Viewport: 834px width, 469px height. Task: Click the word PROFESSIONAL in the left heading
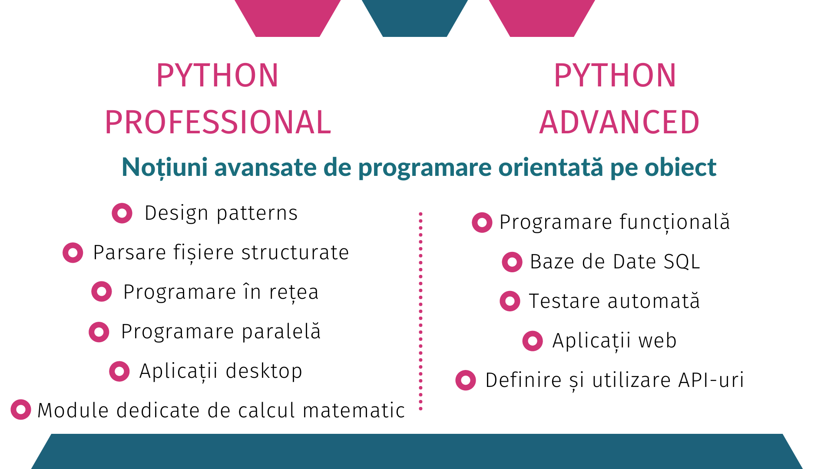point(218,122)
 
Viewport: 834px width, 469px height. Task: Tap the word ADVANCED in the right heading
point(619,122)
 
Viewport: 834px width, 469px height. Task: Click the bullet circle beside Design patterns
point(122,213)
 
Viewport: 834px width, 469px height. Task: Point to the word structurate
point(295,253)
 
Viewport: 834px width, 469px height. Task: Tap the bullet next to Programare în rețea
point(102,291)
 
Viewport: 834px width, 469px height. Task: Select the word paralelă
point(281,331)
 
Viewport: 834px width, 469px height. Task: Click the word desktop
point(264,371)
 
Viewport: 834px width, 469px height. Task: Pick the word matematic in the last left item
point(354,410)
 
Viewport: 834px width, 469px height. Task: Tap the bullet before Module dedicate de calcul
point(21,410)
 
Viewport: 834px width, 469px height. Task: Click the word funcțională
point(675,222)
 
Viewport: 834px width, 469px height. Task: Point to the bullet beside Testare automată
point(510,301)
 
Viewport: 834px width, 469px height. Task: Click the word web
point(658,341)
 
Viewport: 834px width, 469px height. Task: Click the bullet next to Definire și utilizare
point(466,380)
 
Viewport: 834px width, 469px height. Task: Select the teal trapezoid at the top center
point(415,17)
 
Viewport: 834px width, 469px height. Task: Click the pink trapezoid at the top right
point(542,17)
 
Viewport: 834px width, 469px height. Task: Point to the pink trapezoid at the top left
point(288,17)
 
